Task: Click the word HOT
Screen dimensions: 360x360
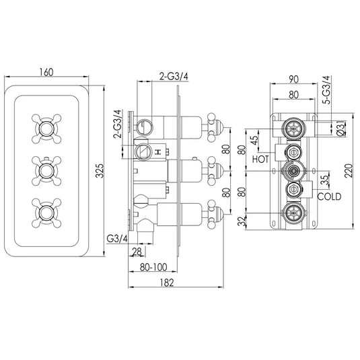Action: [x=261, y=159]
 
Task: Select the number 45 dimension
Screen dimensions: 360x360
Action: [x=252, y=139]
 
